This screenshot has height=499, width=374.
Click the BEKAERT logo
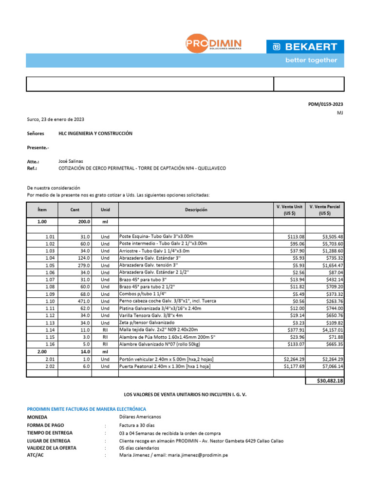tap(305, 47)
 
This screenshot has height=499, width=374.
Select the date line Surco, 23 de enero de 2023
tap(56, 119)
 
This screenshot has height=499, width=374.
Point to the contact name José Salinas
tap(71, 161)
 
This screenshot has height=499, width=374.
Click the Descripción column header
tap(196, 210)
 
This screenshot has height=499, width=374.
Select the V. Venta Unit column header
tap(289, 210)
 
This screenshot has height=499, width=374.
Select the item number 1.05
tap(50, 265)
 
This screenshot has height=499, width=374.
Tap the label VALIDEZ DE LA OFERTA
tap(52, 447)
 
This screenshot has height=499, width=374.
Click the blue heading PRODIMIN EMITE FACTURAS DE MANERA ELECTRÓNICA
tap(86, 409)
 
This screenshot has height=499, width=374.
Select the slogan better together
tap(311, 60)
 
